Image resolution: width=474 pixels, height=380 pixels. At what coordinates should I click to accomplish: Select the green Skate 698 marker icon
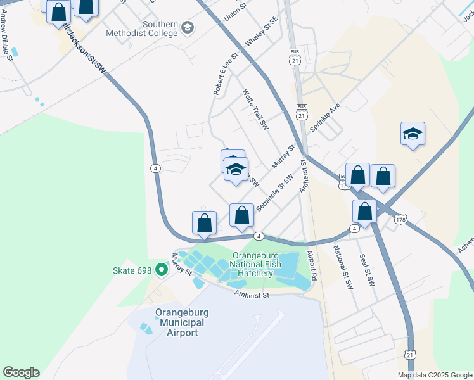[x=161, y=270]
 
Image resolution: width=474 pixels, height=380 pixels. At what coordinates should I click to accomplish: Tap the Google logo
[x=21, y=372]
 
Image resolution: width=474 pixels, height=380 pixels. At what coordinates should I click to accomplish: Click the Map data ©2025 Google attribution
[x=435, y=375]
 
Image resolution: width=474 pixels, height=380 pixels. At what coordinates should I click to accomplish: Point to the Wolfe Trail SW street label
[x=256, y=110]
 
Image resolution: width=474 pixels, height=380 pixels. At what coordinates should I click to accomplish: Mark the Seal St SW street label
[x=367, y=269]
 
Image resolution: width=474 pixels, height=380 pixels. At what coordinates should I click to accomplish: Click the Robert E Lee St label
[x=226, y=73]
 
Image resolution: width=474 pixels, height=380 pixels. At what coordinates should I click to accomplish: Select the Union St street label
[x=233, y=9]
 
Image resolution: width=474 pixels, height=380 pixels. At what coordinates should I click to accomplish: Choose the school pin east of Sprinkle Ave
[x=413, y=134]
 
